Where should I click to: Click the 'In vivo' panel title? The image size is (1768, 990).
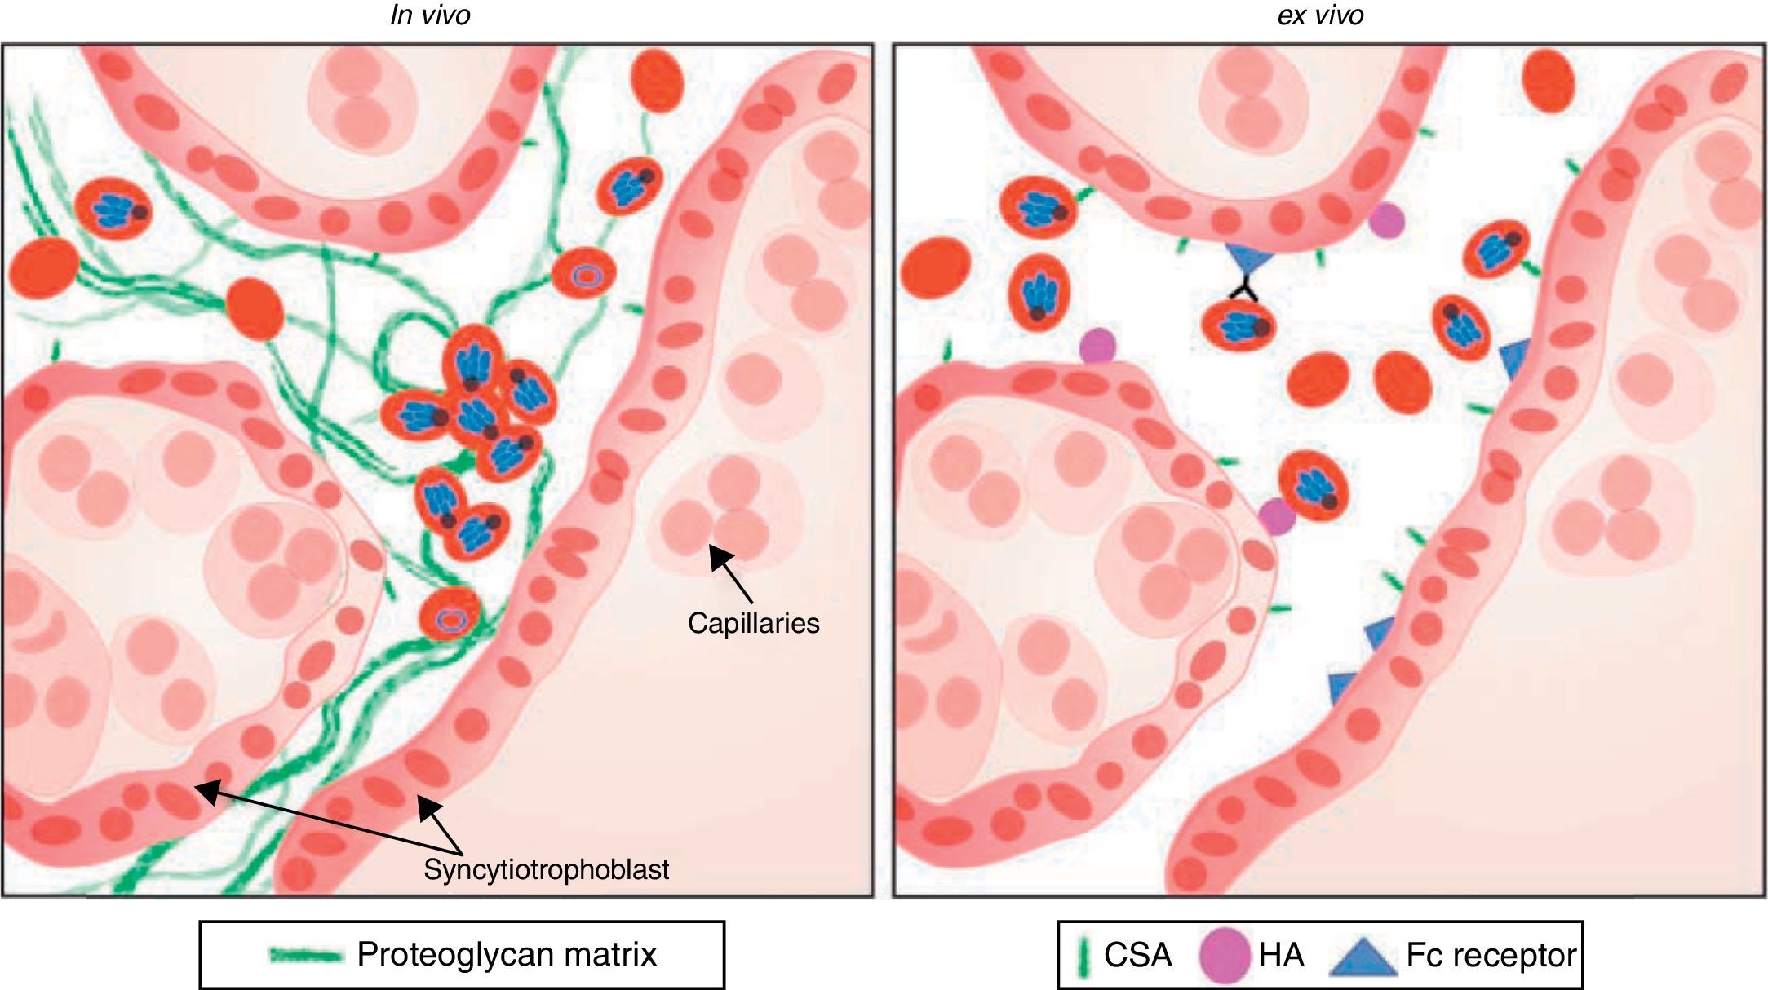(430, 15)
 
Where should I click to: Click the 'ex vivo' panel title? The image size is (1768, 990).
(1320, 15)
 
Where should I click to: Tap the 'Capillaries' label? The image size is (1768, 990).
(753, 623)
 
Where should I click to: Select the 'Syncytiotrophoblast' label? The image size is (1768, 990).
(546, 869)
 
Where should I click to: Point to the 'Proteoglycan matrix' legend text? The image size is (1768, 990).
(507, 954)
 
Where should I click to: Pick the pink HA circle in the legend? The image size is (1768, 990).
(1225, 955)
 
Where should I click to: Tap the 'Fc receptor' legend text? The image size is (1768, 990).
(1491, 955)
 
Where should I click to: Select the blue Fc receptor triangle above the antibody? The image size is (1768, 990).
(1249, 260)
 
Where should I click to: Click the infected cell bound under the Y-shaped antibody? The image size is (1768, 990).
(1238, 325)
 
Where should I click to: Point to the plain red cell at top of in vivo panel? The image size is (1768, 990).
(658, 79)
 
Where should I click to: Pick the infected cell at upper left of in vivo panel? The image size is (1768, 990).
(113, 209)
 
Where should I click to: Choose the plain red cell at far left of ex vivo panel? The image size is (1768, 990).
(935, 267)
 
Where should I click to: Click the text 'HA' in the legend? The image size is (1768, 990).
(1281, 955)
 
